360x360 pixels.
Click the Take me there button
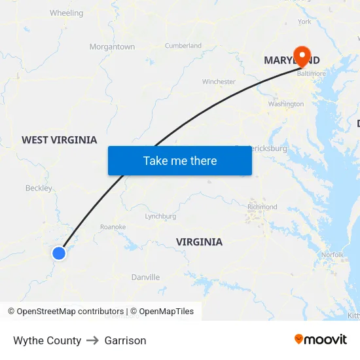(x=179, y=160)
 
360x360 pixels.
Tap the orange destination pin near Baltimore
(x=302, y=56)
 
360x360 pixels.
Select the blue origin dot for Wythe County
(x=59, y=253)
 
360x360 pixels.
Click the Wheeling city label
(x=66, y=13)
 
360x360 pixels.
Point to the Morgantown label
(x=112, y=47)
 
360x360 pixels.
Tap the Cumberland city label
(x=183, y=46)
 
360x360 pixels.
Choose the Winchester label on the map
(x=219, y=82)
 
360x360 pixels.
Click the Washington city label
(x=286, y=104)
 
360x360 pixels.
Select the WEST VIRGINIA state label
(x=59, y=140)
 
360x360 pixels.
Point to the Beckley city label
(x=39, y=189)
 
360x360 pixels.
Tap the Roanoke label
(x=113, y=227)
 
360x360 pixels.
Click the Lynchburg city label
(x=160, y=216)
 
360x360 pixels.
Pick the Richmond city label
(x=262, y=207)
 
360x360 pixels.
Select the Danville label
(x=145, y=278)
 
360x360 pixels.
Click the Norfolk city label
(x=333, y=255)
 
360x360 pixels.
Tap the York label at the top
(x=304, y=22)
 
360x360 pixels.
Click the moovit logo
(x=320, y=339)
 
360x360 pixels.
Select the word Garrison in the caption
(x=125, y=340)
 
